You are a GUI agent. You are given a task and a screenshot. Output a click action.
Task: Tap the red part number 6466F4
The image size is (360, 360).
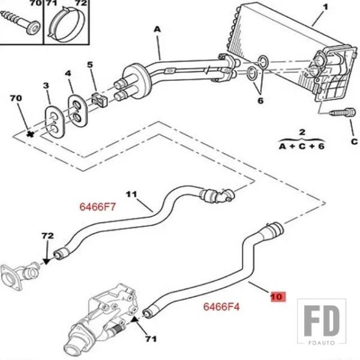221,307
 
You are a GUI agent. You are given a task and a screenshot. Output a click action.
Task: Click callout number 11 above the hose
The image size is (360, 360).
132,194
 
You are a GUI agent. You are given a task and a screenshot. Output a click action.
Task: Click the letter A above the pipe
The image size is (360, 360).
157,29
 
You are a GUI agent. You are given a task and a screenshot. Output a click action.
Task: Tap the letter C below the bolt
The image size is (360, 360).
354,142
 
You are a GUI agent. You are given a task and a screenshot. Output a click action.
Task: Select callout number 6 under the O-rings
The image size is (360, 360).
260,101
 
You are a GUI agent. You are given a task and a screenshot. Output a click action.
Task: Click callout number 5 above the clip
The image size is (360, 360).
90,65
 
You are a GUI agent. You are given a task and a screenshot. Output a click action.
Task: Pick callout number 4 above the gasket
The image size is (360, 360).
68,74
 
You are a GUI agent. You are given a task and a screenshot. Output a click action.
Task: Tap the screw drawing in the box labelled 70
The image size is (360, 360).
20,24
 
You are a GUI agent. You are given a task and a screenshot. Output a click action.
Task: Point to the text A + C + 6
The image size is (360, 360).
302,146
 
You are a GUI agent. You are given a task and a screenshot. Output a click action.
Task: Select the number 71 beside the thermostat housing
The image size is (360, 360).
150,340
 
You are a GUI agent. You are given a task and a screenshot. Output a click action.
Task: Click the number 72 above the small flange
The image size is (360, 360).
47,236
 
